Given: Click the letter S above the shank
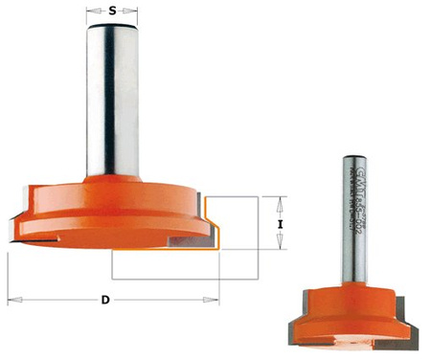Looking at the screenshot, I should (x=113, y=11).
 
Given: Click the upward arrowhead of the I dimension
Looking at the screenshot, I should (x=279, y=201).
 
